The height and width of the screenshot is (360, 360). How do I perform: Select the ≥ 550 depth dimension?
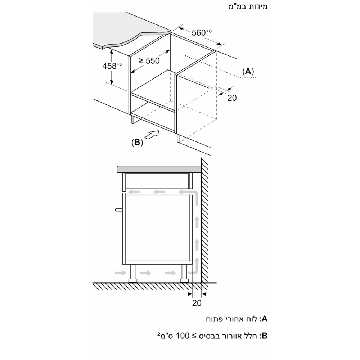pos(149,61)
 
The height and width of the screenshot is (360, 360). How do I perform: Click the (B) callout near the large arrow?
pos(137,143)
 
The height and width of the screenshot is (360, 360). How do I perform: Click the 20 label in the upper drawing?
pos(232,98)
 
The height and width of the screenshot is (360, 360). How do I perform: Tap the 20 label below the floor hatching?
pos(197,303)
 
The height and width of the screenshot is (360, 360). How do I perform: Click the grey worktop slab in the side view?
pos(158,169)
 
